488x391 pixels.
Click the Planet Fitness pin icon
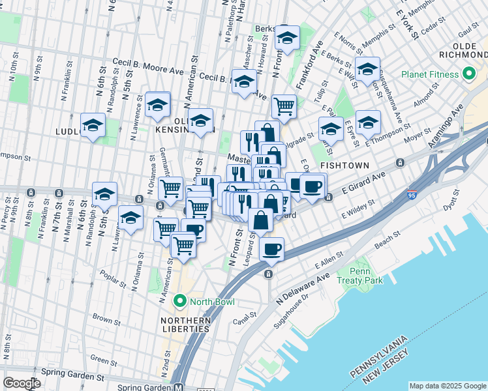468,74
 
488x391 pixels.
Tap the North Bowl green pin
180,301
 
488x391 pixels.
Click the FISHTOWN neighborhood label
345,166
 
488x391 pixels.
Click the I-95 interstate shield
412,194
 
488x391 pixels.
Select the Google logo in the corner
22,383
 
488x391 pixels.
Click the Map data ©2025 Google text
447,386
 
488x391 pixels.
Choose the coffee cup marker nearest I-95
271,248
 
